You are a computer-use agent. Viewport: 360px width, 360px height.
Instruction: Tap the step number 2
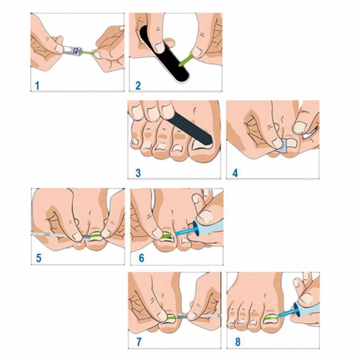coord(138,86)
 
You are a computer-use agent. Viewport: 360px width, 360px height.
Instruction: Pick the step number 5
coord(39,258)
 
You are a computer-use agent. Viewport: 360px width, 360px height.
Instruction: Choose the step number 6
coord(141,258)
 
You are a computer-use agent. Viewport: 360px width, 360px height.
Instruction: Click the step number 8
coord(235,342)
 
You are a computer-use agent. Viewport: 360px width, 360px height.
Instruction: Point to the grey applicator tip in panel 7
coord(182,316)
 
